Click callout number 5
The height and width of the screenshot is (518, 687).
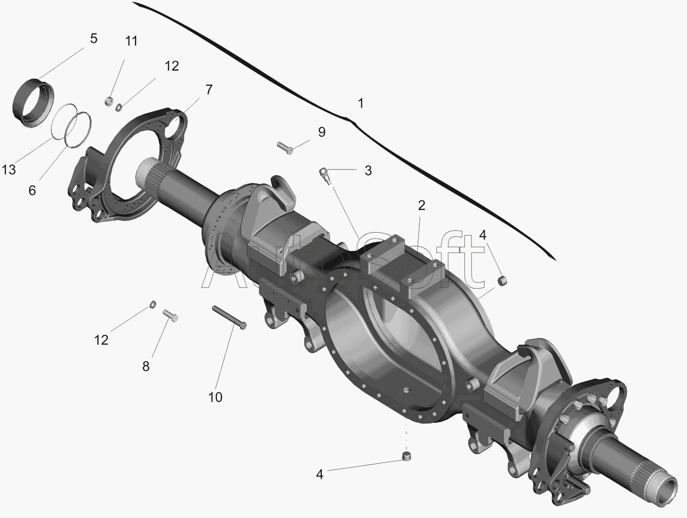[x=93, y=38]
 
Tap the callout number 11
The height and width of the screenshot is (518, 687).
[x=131, y=41]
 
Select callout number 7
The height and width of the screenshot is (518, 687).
[x=209, y=90]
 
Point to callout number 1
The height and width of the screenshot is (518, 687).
[x=361, y=103]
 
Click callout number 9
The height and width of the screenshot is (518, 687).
[x=322, y=132]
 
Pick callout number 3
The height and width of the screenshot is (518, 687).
[x=368, y=171]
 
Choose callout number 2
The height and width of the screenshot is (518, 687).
[x=422, y=206]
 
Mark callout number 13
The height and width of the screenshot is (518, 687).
[x=9, y=170]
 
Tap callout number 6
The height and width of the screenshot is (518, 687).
[x=32, y=191]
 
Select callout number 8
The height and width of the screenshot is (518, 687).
[x=146, y=366]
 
